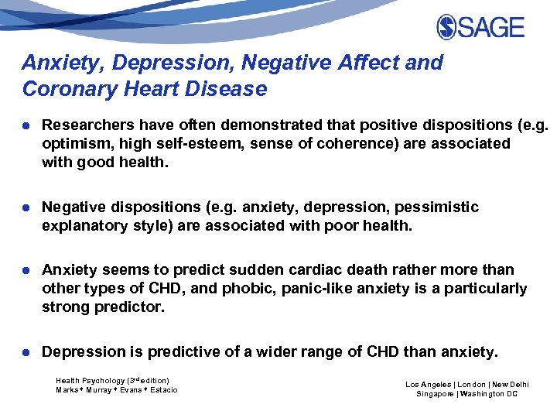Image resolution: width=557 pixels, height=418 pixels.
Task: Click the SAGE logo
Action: [x=480, y=27]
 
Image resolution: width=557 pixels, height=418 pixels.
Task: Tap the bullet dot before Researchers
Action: [x=27, y=125]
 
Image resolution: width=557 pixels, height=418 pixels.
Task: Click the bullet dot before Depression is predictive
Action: [x=27, y=351]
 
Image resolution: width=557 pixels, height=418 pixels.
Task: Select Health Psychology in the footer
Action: [x=90, y=381]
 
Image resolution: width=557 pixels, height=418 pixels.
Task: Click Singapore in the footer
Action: [x=435, y=394]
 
